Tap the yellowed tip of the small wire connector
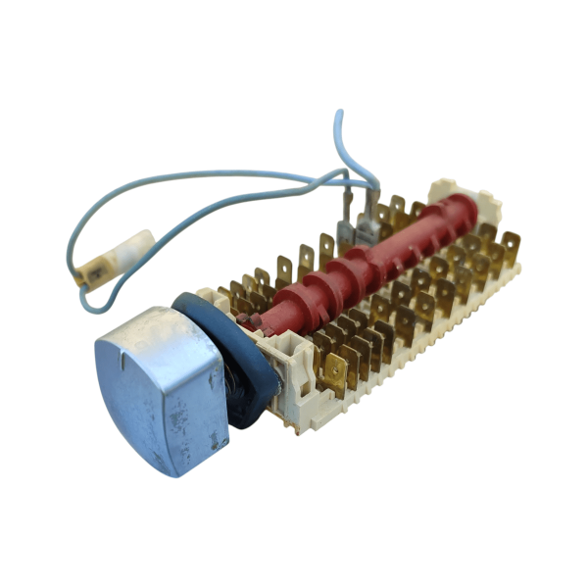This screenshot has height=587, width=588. click(x=94, y=267)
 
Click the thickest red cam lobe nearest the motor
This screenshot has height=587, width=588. click(x=294, y=294)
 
